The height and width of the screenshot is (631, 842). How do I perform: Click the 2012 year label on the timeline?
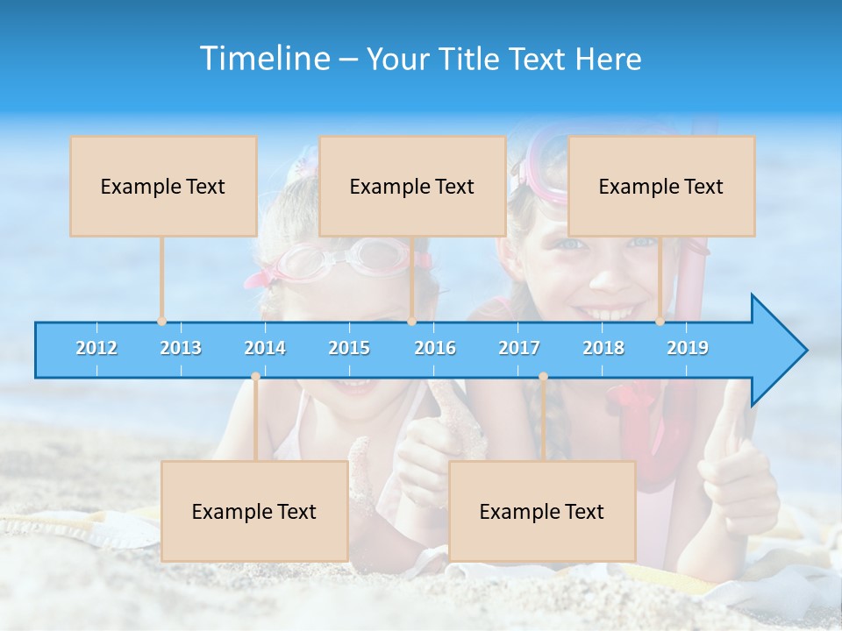pos(96,348)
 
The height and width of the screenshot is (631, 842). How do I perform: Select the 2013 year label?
pos(181,348)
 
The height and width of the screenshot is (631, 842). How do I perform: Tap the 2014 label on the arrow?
pos(265,348)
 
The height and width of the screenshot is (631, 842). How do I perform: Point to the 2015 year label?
pos(349,348)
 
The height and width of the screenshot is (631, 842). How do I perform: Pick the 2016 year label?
pos(435,348)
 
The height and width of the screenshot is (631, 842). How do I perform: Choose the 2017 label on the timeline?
pos(519,348)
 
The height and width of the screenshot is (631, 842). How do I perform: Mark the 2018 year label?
pos(603,348)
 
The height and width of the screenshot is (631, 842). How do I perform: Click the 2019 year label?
pos(688,348)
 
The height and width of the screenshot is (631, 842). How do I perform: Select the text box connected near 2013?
pos(163,186)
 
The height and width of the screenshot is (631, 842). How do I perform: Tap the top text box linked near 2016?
pos(412,186)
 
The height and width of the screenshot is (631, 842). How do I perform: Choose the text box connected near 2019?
pos(661,186)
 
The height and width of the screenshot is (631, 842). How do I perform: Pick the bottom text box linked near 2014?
pos(254,511)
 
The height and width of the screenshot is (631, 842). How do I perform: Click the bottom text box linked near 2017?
pos(542,511)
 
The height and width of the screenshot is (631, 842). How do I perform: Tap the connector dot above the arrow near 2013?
pos(162,322)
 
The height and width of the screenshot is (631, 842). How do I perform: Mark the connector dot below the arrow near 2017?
pos(543,377)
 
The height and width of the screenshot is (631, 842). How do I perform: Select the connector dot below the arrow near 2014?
pos(255,377)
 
